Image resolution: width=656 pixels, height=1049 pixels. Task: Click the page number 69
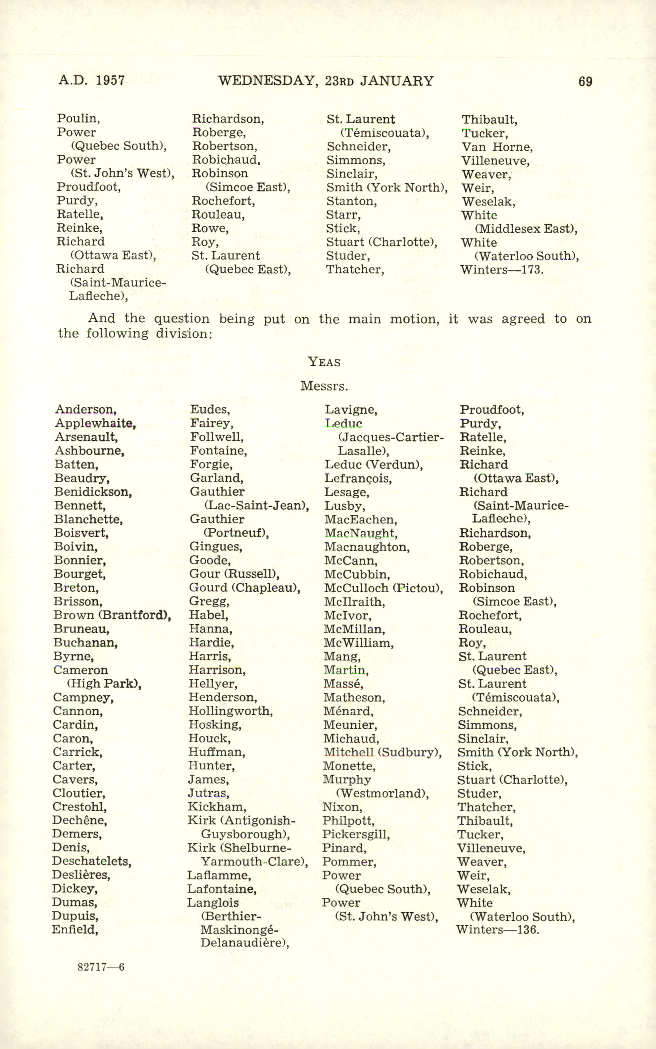[585, 82]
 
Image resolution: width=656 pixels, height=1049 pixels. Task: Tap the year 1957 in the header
[110, 80]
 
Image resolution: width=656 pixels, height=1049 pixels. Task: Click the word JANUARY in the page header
[397, 81]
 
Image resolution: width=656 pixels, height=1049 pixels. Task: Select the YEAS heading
[324, 362]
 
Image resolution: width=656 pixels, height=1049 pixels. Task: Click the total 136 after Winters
[528, 930]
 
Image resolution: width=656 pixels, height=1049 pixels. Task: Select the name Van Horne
[497, 147]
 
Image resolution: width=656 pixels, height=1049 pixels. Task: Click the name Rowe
[210, 228]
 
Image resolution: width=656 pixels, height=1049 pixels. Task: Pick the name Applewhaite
[95, 423]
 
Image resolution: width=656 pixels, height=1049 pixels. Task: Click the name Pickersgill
[356, 834]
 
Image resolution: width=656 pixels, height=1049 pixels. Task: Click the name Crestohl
[80, 807]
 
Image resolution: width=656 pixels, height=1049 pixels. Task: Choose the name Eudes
[210, 409]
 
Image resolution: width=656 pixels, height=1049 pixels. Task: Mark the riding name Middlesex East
[526, 229]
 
